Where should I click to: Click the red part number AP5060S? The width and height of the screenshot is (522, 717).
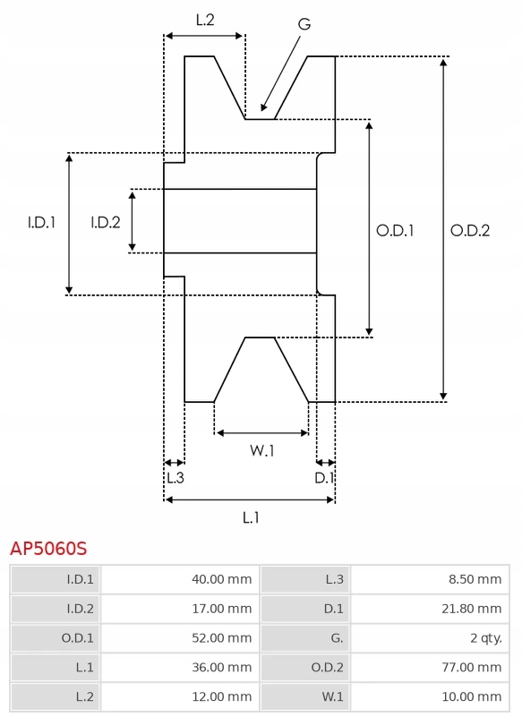pyautogui.click(x=48, y=548)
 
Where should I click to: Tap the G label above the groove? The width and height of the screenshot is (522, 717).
pyautogui.click(x=304, y=24)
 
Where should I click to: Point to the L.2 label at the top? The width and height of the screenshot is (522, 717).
pyautogui.click(x=205, y=20)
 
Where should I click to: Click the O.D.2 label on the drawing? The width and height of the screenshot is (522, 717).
pyautogui.click(x=470, y=230)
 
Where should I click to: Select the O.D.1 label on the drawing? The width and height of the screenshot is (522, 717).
pyautogui.click(x=395, y=230)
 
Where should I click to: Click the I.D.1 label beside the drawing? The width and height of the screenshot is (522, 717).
pyautogui.click(x=41, y=222)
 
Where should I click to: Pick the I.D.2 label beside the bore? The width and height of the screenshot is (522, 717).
pyautogui.click(x=106, y=222)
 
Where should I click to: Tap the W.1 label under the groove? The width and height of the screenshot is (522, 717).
pyautogui.click(x=262, y=450)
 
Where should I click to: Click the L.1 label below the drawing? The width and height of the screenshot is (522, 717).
pyautogui.click(x=251, y=517)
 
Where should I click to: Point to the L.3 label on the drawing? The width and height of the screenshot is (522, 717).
pyautogui.click(x=175, y=478)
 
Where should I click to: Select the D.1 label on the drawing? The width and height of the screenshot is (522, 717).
pyautogui.click(x=324, y=478)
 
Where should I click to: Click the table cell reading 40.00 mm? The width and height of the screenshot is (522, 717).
pyautogui.click(x=221, y=579)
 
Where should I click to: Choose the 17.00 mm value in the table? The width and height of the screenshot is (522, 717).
pyautogui.click(x=221, y=609)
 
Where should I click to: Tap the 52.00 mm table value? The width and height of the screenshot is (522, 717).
pyautogui.click(x=221, y=638)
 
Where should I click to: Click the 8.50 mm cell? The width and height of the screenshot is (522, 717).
pyautogui.click(x=475, y=579)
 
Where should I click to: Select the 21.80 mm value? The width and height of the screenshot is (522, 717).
pyautogui.click(x=471, y=609)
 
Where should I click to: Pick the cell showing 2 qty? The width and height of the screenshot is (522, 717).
pyautogui.click(x=486, y=638)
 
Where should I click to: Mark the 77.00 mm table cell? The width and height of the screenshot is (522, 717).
pyautogui.click(x=471, y=667)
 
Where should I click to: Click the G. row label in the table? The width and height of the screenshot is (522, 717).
pyautogui.click(x=337, y=638)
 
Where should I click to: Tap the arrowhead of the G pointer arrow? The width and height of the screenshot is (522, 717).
pyautogui.click(x=263, y=107)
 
